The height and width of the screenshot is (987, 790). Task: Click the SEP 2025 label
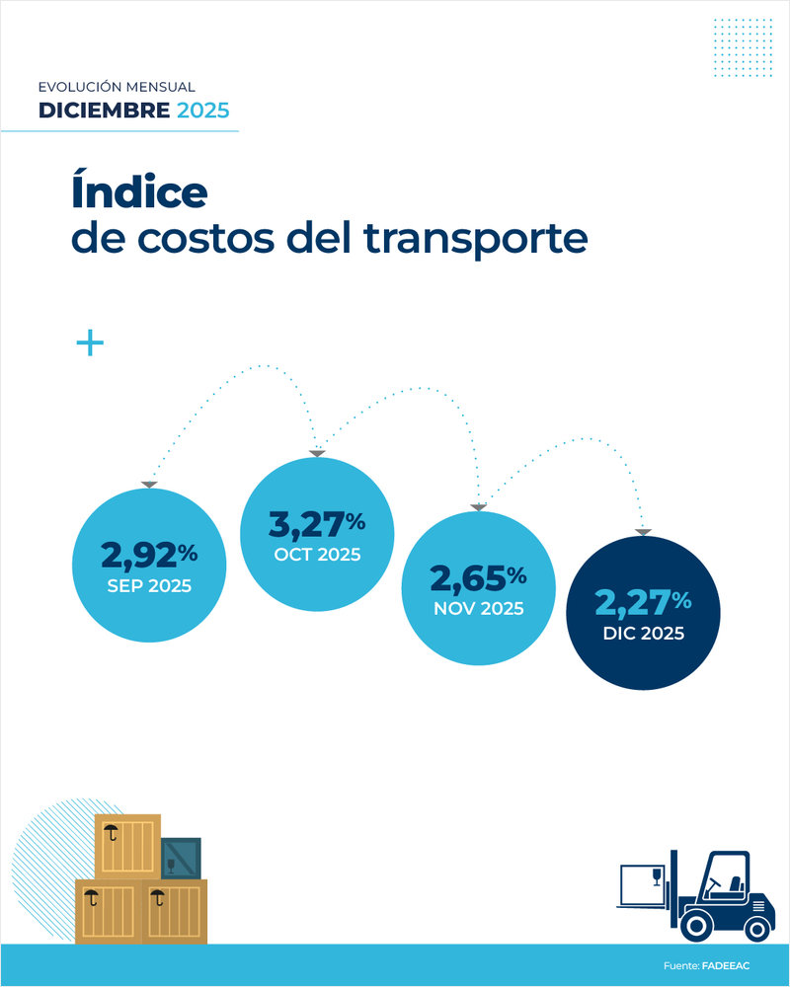[x=149, y=585]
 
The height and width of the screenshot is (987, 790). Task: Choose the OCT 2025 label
[x=317, y=554]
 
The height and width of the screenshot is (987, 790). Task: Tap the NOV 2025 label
[x=478, y=608]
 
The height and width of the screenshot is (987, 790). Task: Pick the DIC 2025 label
[x=642, y=634]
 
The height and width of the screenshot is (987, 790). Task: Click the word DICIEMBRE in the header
[x=104, y=111]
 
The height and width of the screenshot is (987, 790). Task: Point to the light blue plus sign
[x=90, y=343]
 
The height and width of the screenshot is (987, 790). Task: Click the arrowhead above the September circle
[x=148, y=484]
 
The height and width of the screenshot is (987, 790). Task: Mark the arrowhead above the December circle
[x=643, y=533]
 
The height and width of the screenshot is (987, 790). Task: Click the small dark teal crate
[x=181, y=858]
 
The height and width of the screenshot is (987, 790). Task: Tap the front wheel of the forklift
[x=696, y=925]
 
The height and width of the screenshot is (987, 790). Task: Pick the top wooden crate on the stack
[x=126, y=845]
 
